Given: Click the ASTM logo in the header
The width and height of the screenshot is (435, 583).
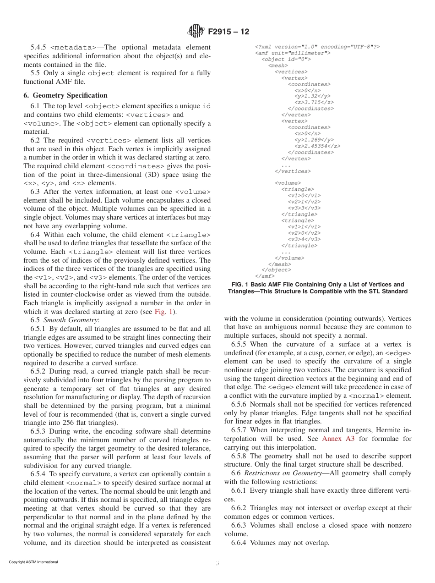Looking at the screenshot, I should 196,32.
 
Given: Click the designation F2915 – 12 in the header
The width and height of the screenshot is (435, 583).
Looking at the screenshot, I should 228,32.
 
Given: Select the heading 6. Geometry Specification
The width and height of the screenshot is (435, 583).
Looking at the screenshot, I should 65,95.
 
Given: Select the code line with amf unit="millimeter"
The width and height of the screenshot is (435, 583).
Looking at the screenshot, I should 293,53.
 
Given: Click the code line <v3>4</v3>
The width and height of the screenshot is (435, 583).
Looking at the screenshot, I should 304,239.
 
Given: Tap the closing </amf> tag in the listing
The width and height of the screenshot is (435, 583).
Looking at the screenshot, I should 265,276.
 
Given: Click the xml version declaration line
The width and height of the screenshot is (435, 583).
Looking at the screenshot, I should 317,47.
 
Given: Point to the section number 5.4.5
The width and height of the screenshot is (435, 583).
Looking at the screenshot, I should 38,47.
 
